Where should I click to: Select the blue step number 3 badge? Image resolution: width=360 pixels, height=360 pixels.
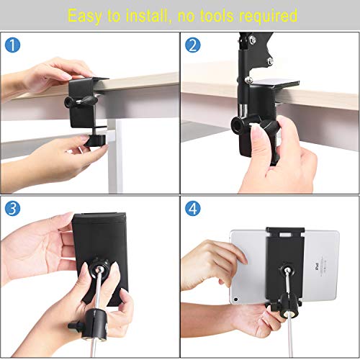(x=12, y=208)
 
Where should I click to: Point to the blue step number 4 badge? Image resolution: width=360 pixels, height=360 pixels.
(x=192, y=208)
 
